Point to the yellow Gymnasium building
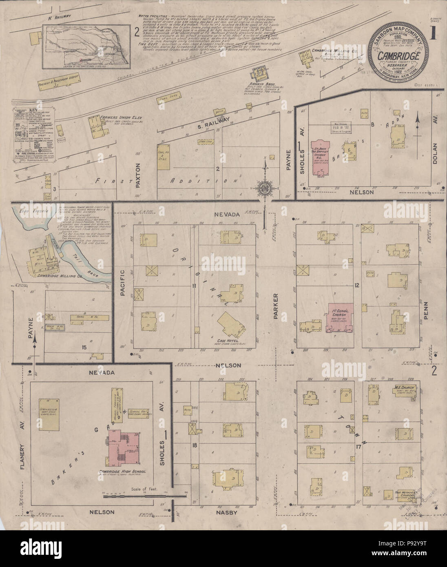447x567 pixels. (48, 414)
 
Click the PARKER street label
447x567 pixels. (275, 305)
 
